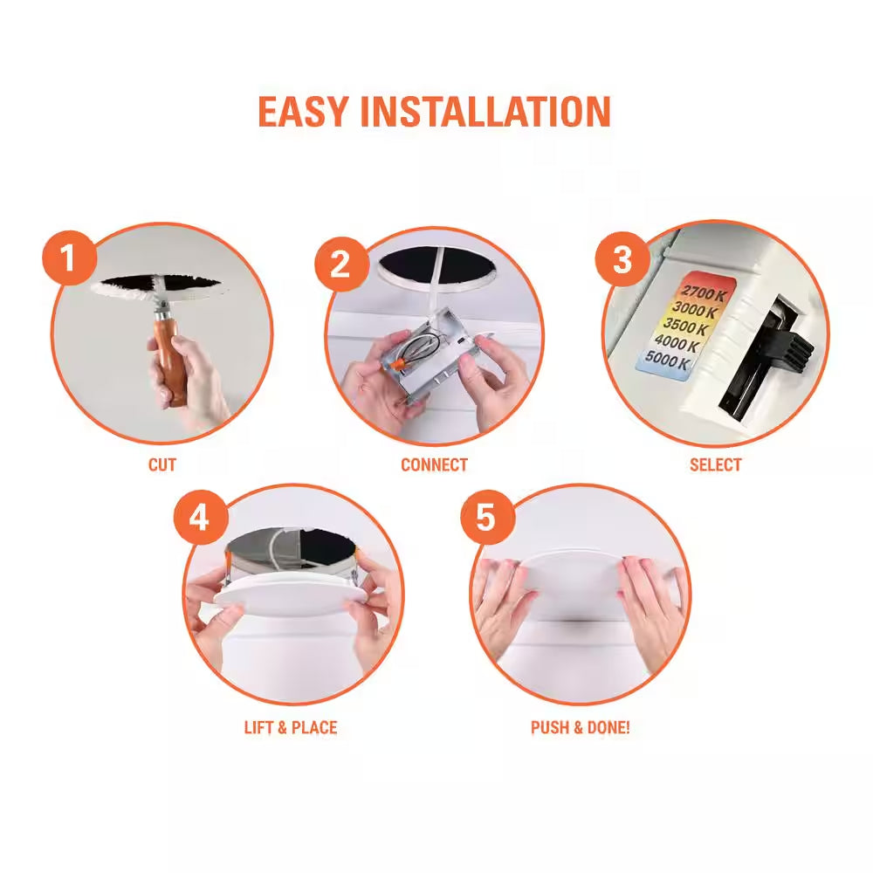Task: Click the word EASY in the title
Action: pos(303,112)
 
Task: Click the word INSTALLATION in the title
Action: pos(485,112)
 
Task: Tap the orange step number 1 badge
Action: pos(67,258)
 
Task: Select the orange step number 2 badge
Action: pos(340,262)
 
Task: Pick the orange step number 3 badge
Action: pos(622,258)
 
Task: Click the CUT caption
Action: pos(162,465)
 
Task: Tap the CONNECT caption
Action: pos(434,465)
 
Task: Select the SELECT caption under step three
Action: pos(715,465)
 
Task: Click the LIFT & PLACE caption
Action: pos(290,727)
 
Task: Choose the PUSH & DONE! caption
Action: pos(580,727)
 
